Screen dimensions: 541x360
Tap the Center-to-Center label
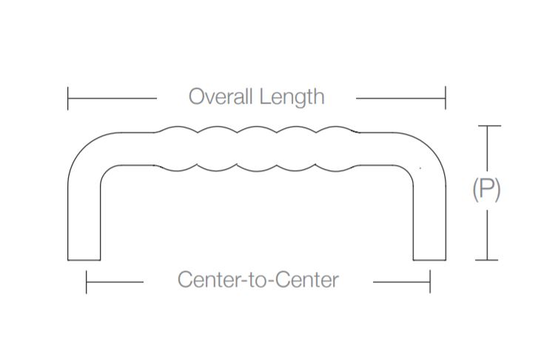click(258, 280)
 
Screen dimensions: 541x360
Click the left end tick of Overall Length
click(68, 97)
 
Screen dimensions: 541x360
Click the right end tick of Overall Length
click(445, 97)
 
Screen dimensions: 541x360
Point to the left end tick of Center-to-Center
click(87, 281)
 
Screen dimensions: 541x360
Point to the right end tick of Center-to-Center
click(430, 281)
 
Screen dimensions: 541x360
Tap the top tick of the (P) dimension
click(486, 127)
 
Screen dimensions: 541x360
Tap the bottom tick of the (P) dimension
click(486, 260)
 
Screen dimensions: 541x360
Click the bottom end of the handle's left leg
click(84, 259)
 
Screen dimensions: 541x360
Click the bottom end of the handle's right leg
click(429, 259)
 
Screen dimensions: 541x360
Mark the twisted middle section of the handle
click(258, 148)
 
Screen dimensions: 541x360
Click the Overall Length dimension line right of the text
click(400, 97)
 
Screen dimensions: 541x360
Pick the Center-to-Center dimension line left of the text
click(115, 281)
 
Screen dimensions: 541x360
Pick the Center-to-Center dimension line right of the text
click(401, 281)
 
